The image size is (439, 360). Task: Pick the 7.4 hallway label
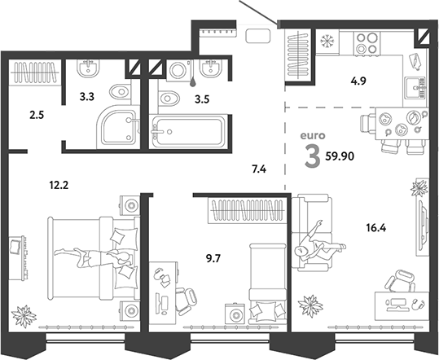click(x=258, y=169)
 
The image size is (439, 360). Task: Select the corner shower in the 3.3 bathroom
click(x=116, y=126)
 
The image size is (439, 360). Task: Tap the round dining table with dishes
click(x=400, y=129)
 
